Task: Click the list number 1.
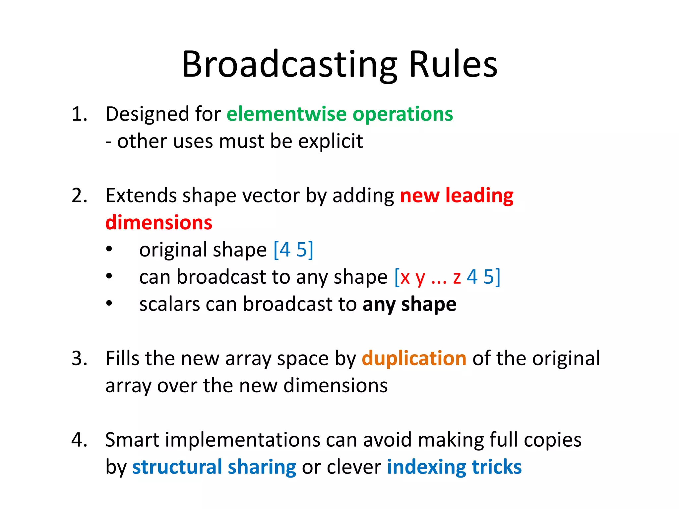pos(79,114)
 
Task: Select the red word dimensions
pos(159,222)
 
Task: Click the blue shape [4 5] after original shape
pos(293,250)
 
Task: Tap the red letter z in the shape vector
pos(457,277)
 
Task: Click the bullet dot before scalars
pos(109,304)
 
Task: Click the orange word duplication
pos(414,359)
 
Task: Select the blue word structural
pos(177,467)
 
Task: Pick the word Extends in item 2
pos(141,196)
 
